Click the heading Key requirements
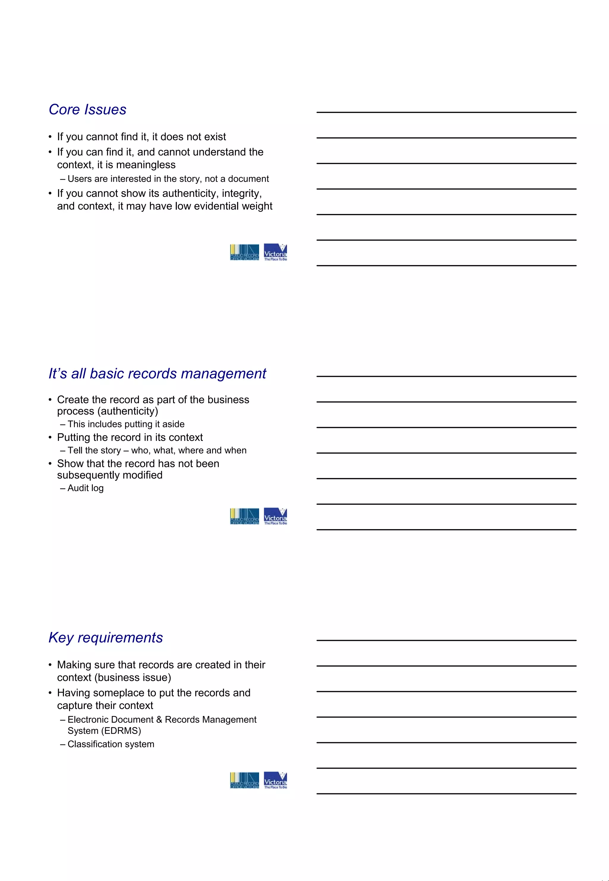click(106, 638)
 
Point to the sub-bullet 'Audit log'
click(85, 488)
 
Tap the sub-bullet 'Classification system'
click(111, 744)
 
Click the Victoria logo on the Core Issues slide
click(275, 252)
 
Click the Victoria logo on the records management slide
click(275, 516)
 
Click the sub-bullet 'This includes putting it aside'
click(126, 424)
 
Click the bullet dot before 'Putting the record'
click(50, 438)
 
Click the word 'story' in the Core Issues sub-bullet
click(189, 179)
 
